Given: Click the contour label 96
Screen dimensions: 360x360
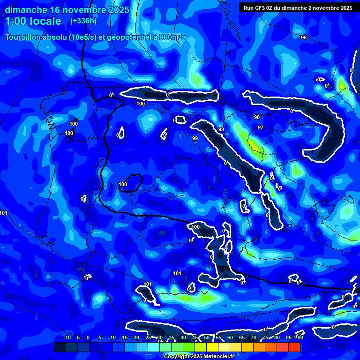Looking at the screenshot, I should click(304, 37).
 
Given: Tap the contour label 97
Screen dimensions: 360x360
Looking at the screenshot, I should click(261, 127).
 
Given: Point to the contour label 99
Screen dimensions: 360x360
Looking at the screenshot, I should click(195, 138).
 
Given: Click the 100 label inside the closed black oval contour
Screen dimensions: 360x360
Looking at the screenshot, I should click(123, 184).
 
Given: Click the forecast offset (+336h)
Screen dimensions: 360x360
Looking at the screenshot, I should click(83, 21).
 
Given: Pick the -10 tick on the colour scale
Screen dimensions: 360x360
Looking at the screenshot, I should click(67, 337).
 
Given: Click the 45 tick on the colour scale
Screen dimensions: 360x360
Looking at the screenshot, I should click(195, 337).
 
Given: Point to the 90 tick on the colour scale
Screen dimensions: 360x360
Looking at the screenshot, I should click(300, 337).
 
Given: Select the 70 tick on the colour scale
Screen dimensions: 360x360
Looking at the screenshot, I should click(253, 337).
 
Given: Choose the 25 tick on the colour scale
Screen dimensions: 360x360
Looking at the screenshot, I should click(148, 337).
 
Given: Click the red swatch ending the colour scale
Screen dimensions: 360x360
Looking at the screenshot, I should click(294, 347).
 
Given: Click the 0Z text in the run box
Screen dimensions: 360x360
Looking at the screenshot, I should click(271, 8).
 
